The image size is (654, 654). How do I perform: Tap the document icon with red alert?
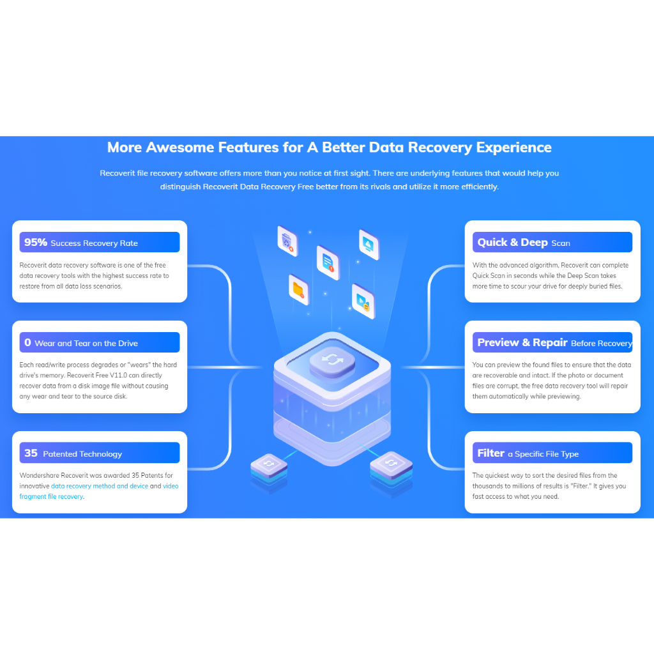coord(328,262)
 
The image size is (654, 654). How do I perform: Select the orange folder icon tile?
coord(298,290)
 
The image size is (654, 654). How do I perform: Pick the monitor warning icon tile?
coord(369,243)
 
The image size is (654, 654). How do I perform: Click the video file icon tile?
coord(363,301)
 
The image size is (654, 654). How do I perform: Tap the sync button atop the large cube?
coord(331,361)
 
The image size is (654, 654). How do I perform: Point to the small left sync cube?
coord(268,464)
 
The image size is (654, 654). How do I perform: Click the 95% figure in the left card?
coord(36,242)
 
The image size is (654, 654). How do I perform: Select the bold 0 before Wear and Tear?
coord(27,342)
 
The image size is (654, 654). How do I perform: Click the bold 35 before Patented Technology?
coord(31,453)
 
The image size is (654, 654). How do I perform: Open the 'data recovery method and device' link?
coord(100,486)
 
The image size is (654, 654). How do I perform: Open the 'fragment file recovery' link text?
coord(52,496)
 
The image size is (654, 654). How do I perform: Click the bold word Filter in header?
coord(490,453)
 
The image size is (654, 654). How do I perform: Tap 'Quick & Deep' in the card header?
coord(512,242)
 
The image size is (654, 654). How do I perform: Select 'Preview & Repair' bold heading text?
coord(522,342)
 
